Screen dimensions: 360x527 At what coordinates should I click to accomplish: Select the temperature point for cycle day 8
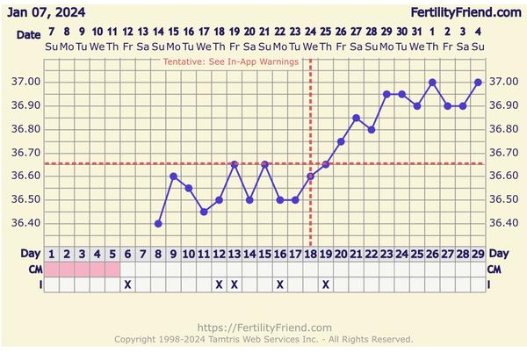click(x=158, y=223)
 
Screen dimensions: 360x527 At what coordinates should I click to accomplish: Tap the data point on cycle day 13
click(x=235, y=164)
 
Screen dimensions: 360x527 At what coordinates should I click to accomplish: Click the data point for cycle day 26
click(x=432, y=83)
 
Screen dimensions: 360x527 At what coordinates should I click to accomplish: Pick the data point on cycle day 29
click(x=478, y=83)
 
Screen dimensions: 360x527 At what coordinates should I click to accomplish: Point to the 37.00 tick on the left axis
click(x=25, y=83)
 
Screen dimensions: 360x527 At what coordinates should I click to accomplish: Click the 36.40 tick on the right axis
click(x=503, y=223)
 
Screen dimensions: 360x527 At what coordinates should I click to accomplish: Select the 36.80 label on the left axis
click(x=25, y=129)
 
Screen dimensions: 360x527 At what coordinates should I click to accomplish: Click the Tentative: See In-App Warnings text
click(x=231, y=62)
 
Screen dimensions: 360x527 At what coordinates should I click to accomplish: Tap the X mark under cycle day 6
click(x=127, y=284)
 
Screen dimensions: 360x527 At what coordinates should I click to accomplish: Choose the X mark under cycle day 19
click(x=326, y=284)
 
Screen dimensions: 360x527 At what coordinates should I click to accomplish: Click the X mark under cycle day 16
click(x=280, y=284)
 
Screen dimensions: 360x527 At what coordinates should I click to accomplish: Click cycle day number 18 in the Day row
click(x=310, y=255)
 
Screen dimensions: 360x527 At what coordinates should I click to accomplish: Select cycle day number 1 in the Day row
click(x=52, y=255)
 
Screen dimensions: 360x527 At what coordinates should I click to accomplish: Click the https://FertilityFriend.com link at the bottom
click(x=264, y=328)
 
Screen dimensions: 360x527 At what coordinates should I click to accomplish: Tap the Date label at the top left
click(x=28, y=33)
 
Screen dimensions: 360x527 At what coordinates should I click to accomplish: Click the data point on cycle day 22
click(x=372, y=129)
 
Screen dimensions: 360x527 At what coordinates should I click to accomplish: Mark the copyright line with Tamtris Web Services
click(x=263, y=339)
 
